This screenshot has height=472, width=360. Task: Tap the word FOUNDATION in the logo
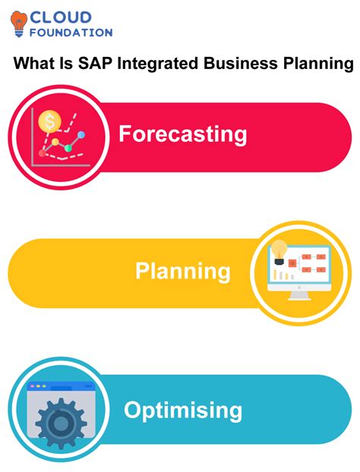point(71,33)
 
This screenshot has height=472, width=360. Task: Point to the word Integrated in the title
point(159,65)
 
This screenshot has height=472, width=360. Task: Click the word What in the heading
point(36,65)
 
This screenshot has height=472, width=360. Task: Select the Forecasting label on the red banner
point(182,134)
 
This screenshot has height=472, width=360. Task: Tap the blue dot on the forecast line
point(81,134)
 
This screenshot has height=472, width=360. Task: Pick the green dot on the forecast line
point(68,147)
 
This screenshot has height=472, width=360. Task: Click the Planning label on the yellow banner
point(183,271)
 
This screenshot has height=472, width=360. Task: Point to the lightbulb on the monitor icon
point(280,248)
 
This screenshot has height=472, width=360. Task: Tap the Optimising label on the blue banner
point(183,411)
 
